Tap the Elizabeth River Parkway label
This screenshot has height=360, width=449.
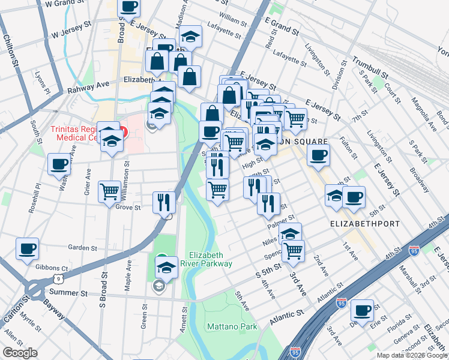tap(209, 259)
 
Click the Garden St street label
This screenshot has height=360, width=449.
tap(82, 247)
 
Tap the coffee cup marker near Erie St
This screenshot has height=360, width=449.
tap(362, 310)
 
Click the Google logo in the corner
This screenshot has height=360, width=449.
tap(20, 353)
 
